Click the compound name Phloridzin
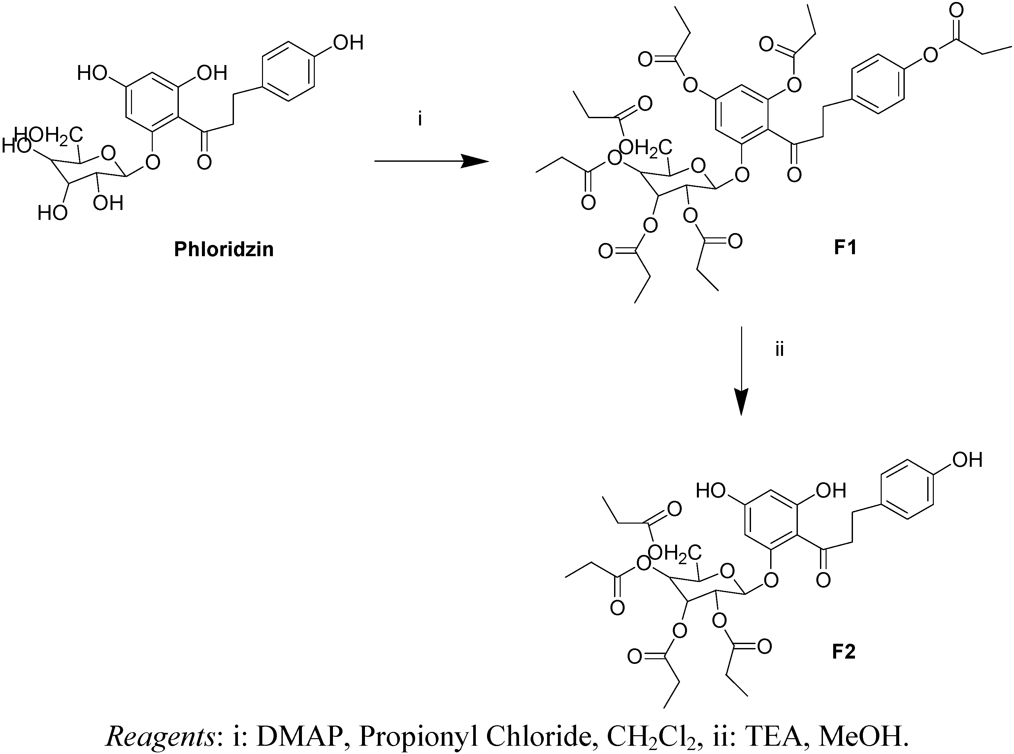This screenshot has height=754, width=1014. (223, 250)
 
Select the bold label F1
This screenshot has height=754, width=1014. (845, 247)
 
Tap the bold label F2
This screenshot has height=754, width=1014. (843, 652)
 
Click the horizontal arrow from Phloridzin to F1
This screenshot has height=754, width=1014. (431, 161)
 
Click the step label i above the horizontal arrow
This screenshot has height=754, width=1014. (420, 120)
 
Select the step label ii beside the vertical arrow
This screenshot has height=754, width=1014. (779, 350)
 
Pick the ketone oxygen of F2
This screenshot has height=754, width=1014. (823, 580)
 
